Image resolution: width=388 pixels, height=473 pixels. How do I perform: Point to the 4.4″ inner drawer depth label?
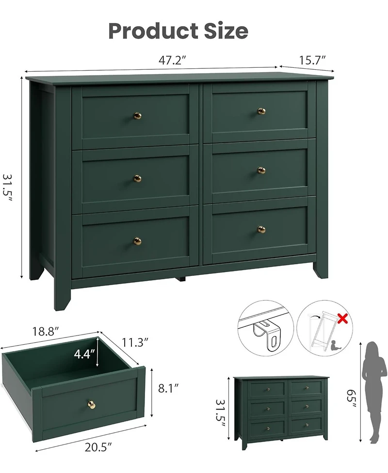[84, 354]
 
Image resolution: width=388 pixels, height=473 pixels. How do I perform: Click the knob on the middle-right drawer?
[261, 170]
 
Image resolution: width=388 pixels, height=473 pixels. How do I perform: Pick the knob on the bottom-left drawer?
[137, 241]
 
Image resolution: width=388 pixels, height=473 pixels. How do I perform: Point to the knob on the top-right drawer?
[261, 111]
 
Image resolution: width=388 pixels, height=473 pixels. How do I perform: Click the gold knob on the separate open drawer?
[91, 404]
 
